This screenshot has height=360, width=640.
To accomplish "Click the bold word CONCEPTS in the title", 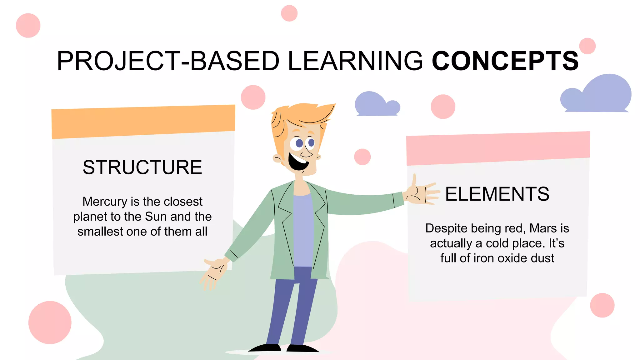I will click(505, 61).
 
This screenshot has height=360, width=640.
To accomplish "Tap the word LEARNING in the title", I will click(355, 61).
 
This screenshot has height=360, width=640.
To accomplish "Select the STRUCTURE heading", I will click(142, 167).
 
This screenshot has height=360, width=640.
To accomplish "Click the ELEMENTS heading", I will click(497, 194).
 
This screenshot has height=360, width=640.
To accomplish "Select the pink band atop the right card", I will click(498, 148).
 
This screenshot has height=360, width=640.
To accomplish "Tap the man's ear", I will click(278, 158).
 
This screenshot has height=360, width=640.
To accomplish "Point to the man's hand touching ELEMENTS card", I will click(420, 193).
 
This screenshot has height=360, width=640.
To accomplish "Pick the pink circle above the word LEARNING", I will click(289, 13).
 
